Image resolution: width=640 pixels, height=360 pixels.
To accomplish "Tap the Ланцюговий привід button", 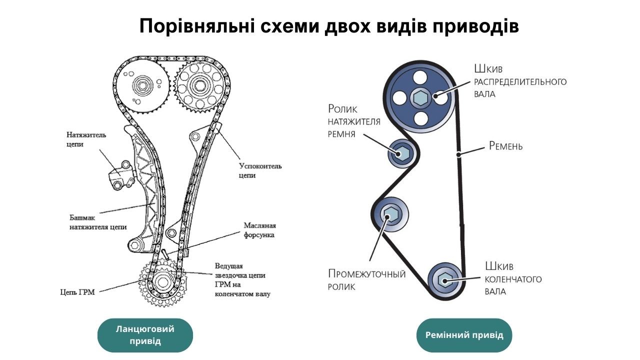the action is pos(145,335).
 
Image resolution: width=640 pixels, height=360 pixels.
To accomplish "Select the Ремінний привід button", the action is pos(464,335).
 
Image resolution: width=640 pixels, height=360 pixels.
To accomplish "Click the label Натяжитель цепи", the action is pos(86,139).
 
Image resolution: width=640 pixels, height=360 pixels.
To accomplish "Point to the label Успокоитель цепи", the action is pos(260,170).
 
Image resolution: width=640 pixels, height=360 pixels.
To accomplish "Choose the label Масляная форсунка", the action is pos(259,230).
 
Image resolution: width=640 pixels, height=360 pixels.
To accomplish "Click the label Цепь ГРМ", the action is pos(77,292).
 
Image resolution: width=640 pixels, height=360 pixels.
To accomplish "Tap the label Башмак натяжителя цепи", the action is pos(98,222).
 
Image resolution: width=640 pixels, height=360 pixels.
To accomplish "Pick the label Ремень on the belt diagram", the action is pos(505,146).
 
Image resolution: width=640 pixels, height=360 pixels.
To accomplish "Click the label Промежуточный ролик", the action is pos(366,280).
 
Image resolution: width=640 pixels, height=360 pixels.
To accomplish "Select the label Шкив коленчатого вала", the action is pos(513,279).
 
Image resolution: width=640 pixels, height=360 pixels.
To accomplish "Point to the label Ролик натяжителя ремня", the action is pos(354,121).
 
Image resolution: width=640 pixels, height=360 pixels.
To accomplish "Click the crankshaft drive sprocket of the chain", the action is pos(162,282).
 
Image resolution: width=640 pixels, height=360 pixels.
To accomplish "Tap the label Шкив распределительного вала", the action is pos(520,81).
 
